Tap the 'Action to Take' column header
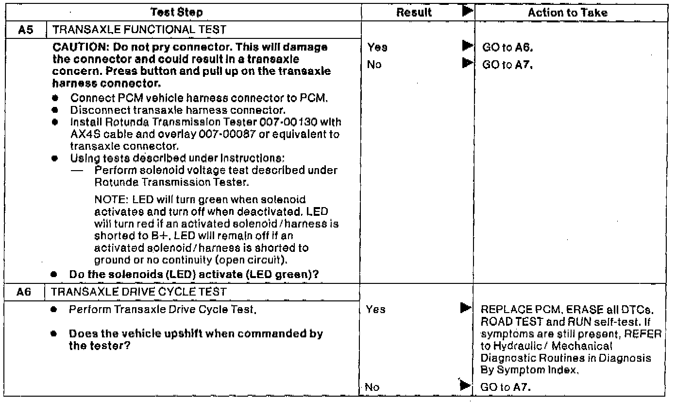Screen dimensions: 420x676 [567, 13]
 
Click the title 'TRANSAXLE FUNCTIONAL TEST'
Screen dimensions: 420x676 [139, 30]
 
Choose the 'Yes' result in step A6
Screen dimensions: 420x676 [376, 309]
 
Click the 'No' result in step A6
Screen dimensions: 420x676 [373, 387]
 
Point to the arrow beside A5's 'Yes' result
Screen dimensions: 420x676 [467, 47]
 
